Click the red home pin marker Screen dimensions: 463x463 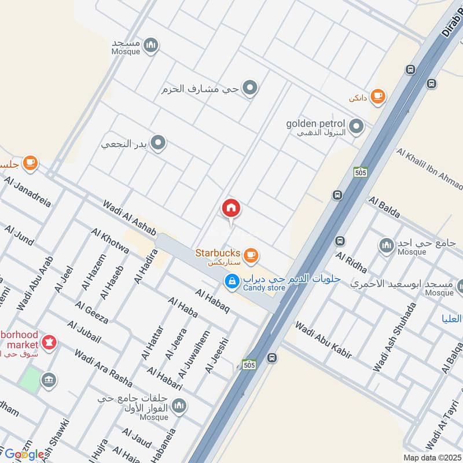point(231,208)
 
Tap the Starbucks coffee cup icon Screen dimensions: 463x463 point(250,255)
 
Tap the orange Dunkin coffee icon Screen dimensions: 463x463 point(377,96)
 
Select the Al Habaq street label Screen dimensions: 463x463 point(212,302)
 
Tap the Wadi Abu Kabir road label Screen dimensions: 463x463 point(324,337)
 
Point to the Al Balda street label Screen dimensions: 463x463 point(384,207)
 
